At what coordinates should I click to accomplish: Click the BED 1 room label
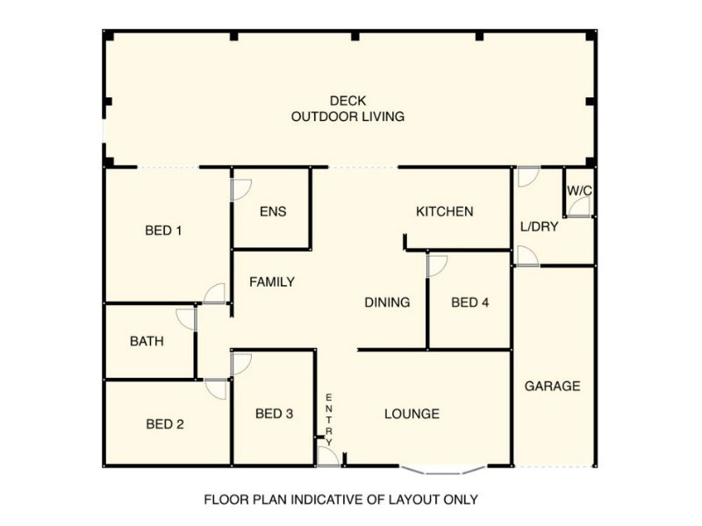[163, 231]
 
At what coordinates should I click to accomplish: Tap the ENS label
[273, 211]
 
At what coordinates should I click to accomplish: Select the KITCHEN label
[445, 211]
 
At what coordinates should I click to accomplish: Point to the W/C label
[580, 191]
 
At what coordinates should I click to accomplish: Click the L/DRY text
[540, 227]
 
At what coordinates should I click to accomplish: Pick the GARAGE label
[553, 386]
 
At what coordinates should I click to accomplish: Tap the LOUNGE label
[412, 414]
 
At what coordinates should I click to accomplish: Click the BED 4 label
[470, 302]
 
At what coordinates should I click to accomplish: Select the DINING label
[387, 302]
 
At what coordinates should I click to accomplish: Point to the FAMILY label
[272, 282]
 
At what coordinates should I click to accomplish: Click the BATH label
[147, 342]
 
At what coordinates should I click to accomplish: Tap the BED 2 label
[165, 424]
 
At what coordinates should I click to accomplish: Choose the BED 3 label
[275, 414]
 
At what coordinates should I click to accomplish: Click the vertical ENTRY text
[329, 420]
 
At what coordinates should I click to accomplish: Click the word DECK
[347, 101]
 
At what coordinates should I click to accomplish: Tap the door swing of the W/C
[580, 207]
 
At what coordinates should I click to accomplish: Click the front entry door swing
[328, 457]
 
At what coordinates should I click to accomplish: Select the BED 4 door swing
[437, 267]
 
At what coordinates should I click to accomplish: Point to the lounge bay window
[442, 471]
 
